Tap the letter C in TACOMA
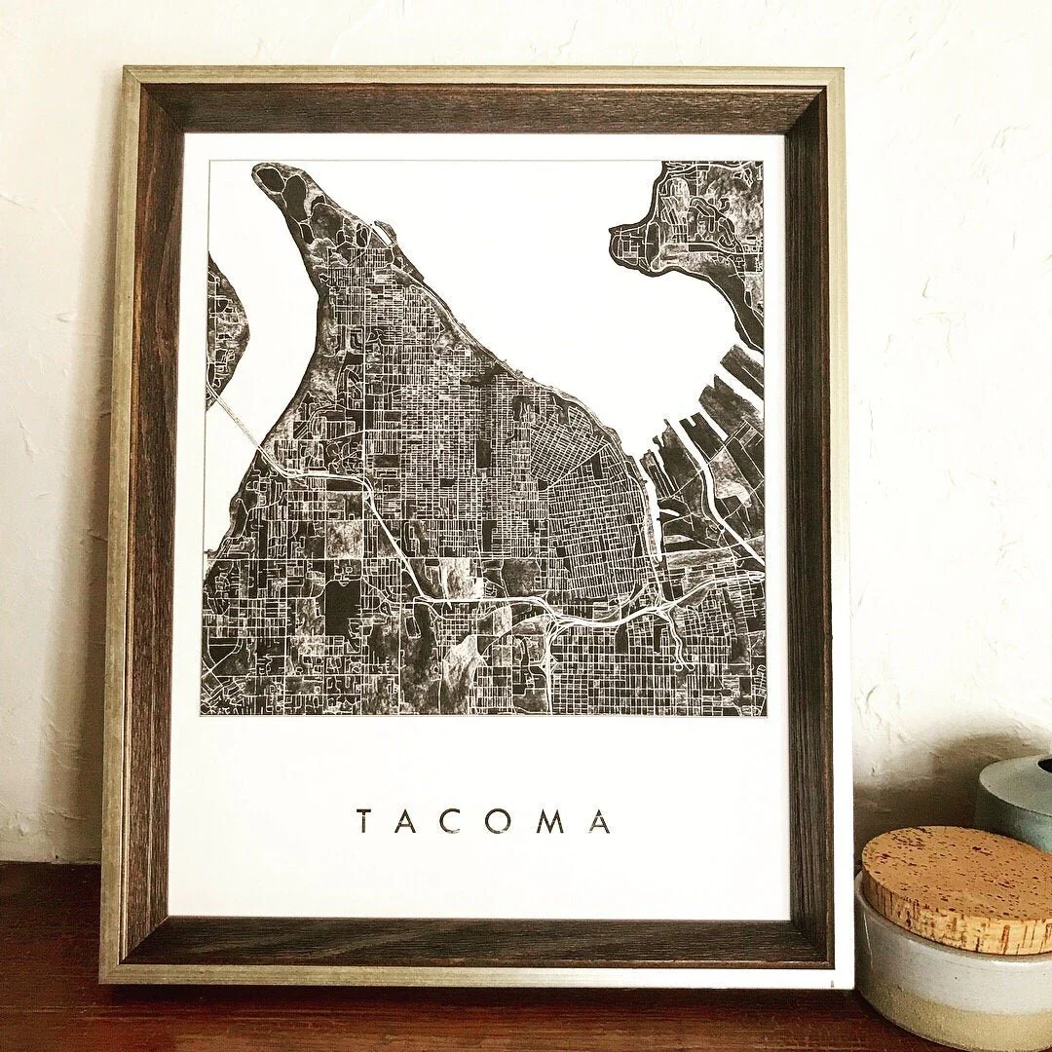coord(457,822)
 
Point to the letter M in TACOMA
coord(551,822)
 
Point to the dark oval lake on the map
coord(340,608)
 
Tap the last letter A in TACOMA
coord(599,822)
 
